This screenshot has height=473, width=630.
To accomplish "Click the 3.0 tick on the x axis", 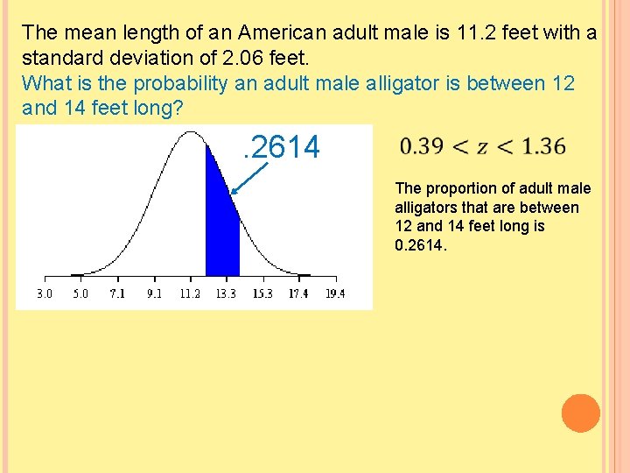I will pyautogui.click(x=44, y=293).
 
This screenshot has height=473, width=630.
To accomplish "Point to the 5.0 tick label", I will pyautogui.click(x=80, y=293).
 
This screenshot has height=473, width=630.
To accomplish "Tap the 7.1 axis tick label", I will pyautogui.click(x=116, y=293).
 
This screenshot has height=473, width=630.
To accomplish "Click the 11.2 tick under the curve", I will pyautogui.click(x=189, y=293).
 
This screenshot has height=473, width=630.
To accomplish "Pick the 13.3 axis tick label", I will pyautogui.click(x=226, y=293).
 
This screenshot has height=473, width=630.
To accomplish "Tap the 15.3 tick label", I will pyautogui.click(x=262, y=293).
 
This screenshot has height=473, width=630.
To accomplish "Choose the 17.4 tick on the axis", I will pyautogui.click(x=298, y=293).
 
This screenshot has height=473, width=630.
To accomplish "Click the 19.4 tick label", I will pyautogui.click(x=334, y=293).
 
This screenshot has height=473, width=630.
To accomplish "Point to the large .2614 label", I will pyautogui.click(x=281, y=147).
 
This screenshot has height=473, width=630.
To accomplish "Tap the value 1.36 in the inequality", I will pyautogui.click(x=542, y=147).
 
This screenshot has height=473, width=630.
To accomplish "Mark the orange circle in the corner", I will pyautogui.click(x=580, y=413).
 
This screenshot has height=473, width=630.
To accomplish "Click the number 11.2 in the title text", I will pyautogui.click(x=472, y=33).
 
